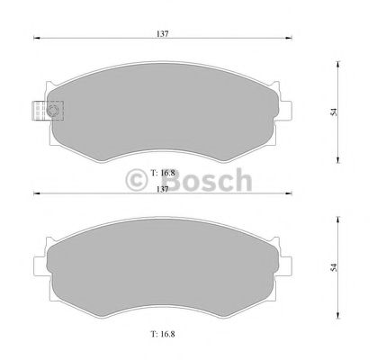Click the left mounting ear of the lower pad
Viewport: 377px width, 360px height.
pos(40,261)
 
